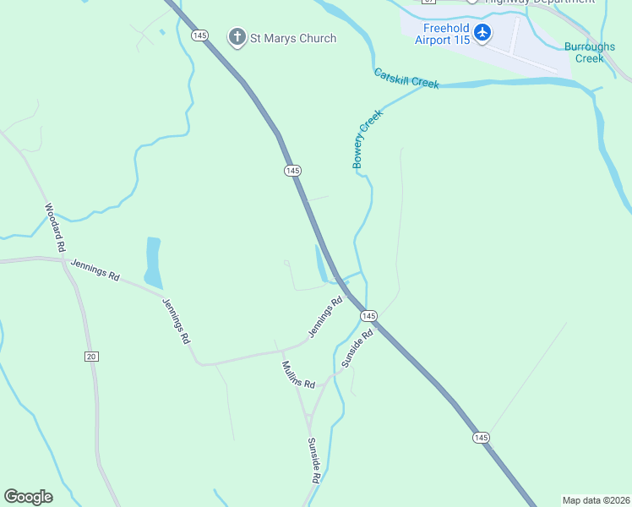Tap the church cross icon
click(237, 37)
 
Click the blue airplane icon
click(482, 33)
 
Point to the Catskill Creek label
click(406, 79)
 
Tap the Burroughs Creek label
click(589, 52)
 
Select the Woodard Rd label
click(55, 228)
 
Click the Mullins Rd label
click(297, 374)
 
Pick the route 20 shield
click(91, 357)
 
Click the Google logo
click(28, 497)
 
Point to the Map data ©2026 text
click(596, 499)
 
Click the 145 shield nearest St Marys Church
click(199, 35)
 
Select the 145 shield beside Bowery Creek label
click(292, 171)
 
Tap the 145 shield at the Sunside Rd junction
click(368, 315)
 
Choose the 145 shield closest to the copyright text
click(480, 437)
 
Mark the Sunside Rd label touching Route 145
click(357, 348)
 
